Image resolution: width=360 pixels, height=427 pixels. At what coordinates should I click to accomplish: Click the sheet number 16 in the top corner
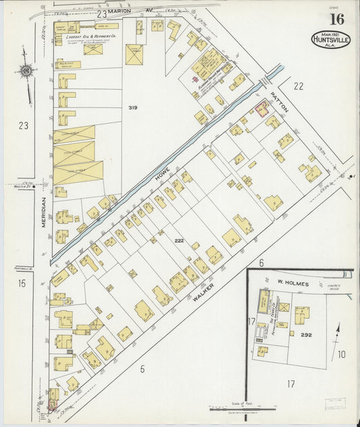coord(336,19)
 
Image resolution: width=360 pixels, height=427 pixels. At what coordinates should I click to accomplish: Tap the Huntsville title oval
coord(330,39)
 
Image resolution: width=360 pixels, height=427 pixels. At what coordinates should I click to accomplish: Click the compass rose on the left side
coord(26,71)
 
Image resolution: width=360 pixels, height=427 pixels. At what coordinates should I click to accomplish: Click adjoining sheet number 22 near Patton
coord(299,86)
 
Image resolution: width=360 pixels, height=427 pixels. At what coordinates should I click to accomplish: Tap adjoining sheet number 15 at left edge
coord(22,284)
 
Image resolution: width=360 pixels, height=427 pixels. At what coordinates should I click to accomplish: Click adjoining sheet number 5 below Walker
coord(142,369)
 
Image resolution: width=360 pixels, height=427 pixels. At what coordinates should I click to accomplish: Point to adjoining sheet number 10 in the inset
coord(342,354)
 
